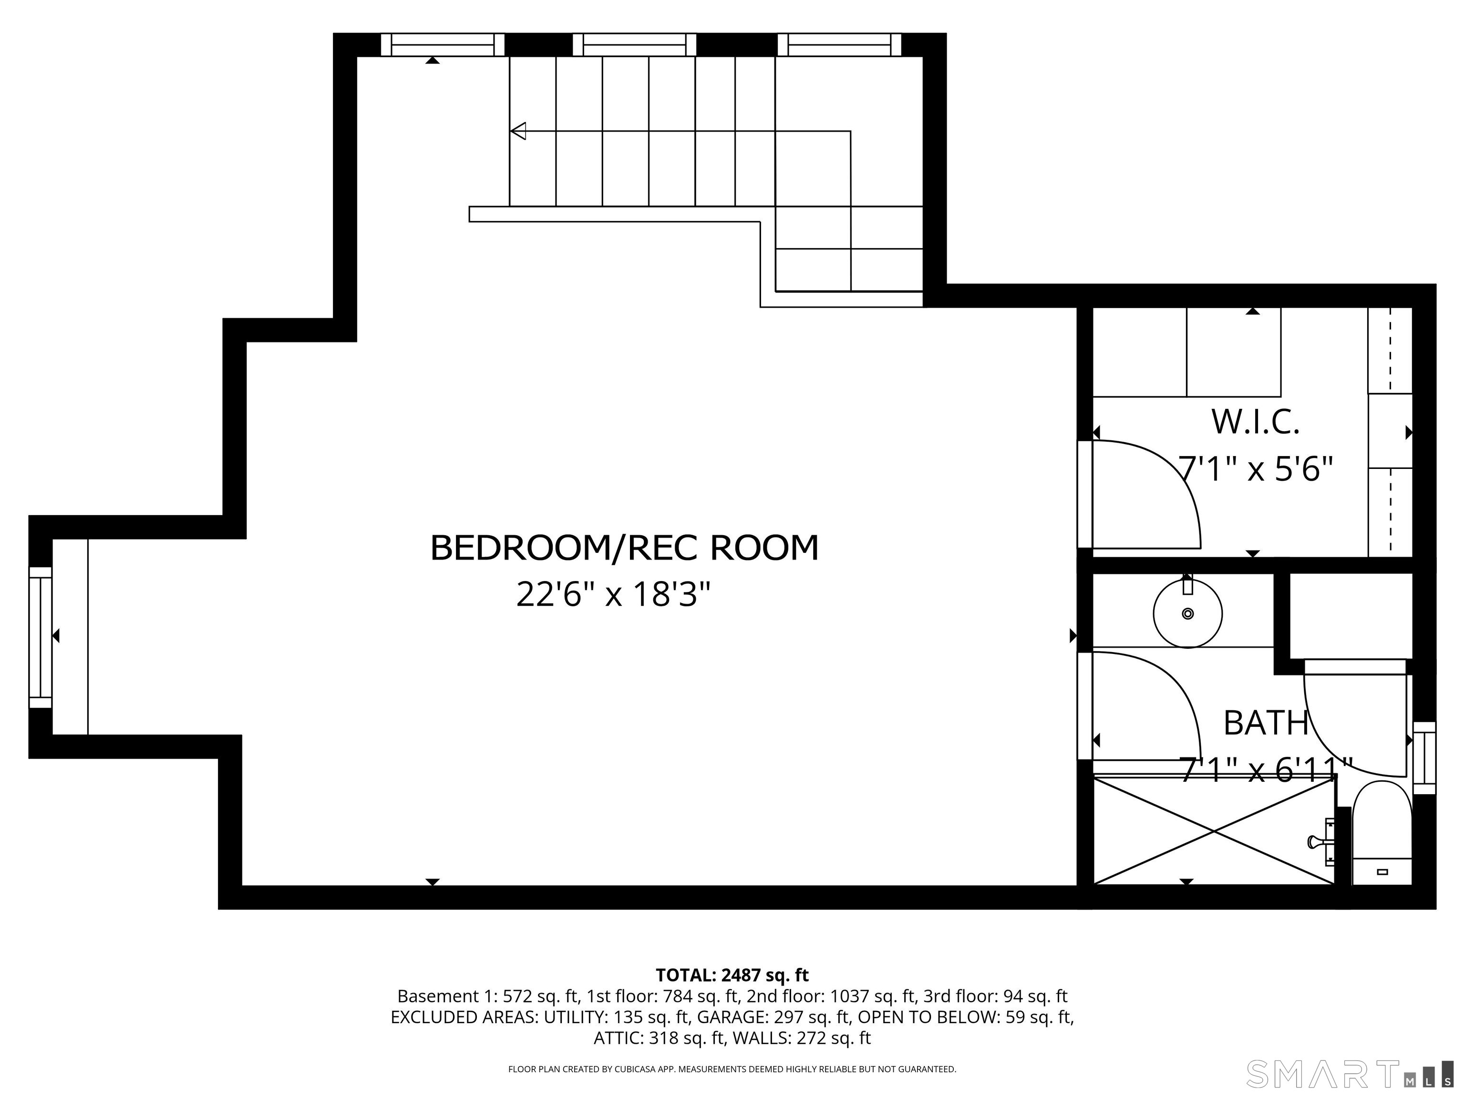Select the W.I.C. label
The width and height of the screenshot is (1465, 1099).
tap(1256, 422)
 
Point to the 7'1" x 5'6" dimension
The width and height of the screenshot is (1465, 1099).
tap(1256, 469)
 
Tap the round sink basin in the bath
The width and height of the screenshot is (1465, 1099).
tap(1187, 613)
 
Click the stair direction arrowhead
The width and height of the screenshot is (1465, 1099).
tap(518, 131)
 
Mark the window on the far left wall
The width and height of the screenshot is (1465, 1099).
tap(41, 637)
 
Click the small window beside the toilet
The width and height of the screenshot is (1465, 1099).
tap(1424, 758)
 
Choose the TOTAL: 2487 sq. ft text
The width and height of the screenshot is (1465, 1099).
tap(732, 975)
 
